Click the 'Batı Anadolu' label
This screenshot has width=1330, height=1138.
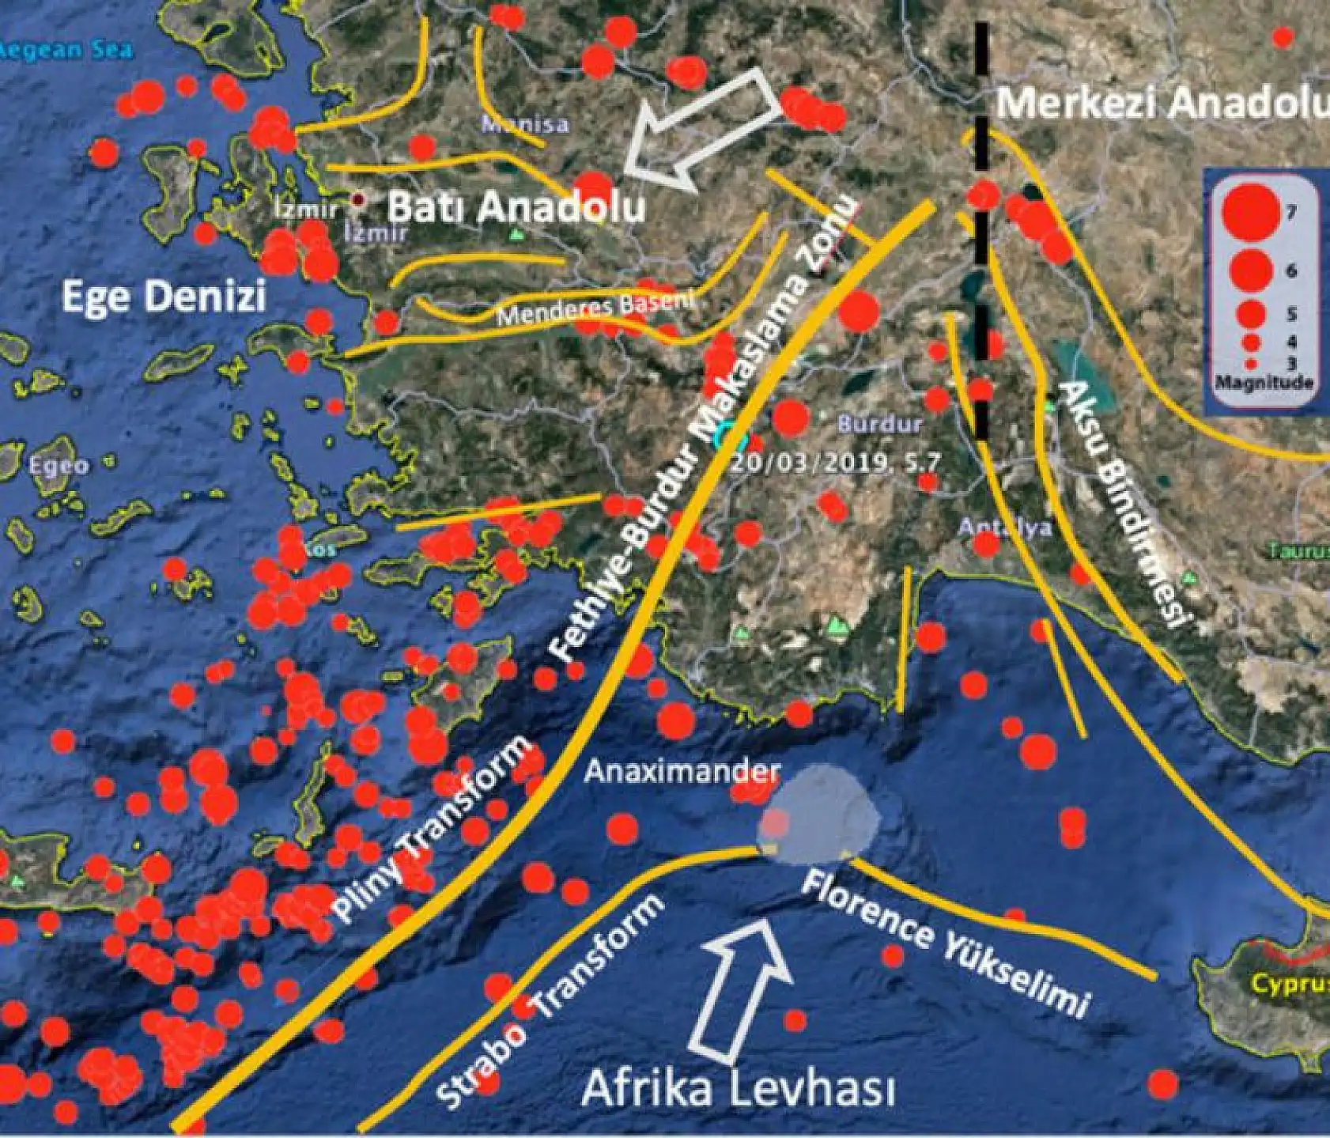517,208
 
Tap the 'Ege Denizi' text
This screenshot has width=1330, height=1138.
163,297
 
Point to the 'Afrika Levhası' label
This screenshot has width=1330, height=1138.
739,1091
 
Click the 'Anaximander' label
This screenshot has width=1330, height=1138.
682,770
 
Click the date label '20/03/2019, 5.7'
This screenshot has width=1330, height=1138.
835,462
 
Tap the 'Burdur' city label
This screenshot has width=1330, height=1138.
879,424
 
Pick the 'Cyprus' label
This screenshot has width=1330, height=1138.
1289,985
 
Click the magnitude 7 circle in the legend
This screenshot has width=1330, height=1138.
1249,212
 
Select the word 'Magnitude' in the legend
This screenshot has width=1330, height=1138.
1264,383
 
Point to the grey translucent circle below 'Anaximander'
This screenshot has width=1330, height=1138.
817,815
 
